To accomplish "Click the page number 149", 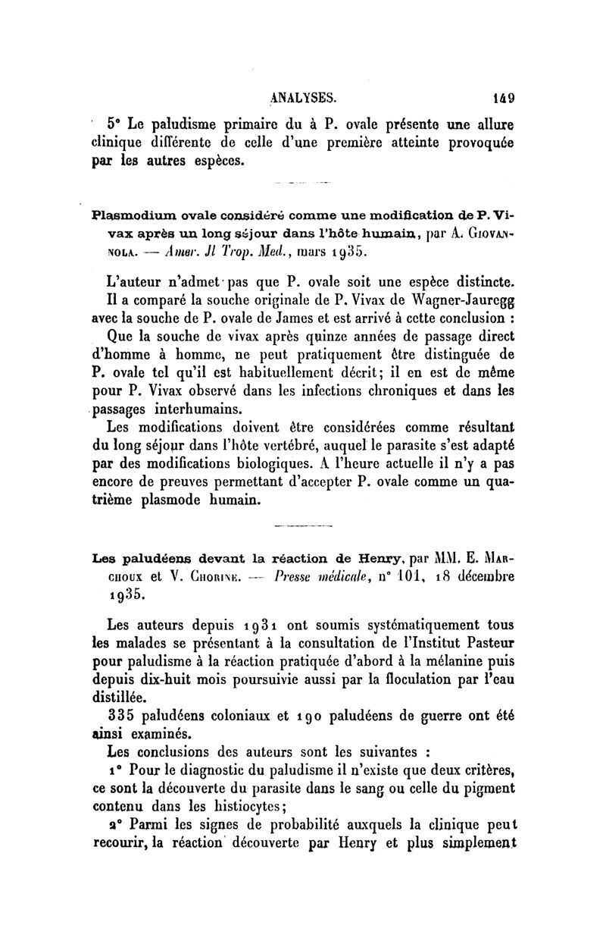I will tap(501, 97).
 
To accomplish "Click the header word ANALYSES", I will tap(306, 97).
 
